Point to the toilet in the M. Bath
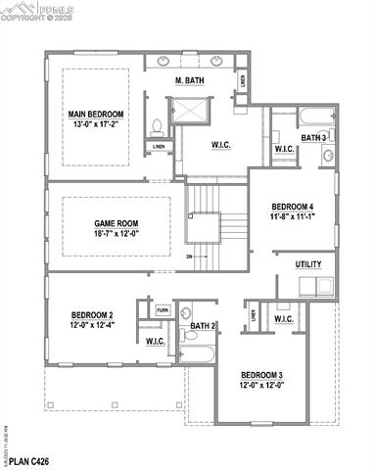(156, 125)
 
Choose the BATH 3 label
(313, 138)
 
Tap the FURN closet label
(163, 310)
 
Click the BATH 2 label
(203, 325)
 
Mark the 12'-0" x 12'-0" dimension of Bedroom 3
(261, 386)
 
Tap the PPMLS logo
(30, 10)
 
